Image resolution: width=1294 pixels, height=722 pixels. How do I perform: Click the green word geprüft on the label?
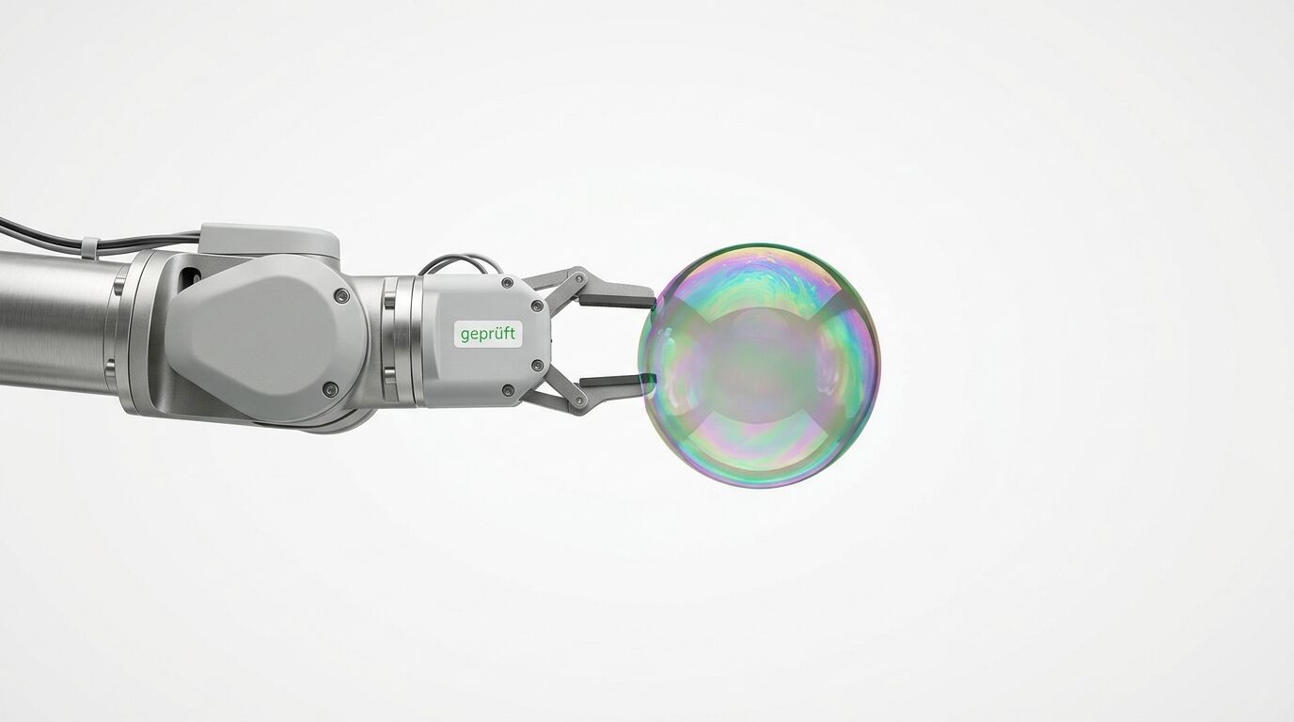click(488, 335)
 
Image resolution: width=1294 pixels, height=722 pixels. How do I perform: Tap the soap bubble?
click(760, 365)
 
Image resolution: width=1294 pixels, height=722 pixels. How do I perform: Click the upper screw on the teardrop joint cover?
click(341, 296)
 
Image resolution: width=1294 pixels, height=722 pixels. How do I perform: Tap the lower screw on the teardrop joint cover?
click(330, 388)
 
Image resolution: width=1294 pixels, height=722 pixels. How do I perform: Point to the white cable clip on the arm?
click(88, 246)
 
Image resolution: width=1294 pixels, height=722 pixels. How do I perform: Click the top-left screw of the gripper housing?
click(507, 283)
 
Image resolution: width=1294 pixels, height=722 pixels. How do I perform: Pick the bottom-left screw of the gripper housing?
click(508, 390)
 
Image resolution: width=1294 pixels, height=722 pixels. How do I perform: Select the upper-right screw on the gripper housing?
click(537, 305)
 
